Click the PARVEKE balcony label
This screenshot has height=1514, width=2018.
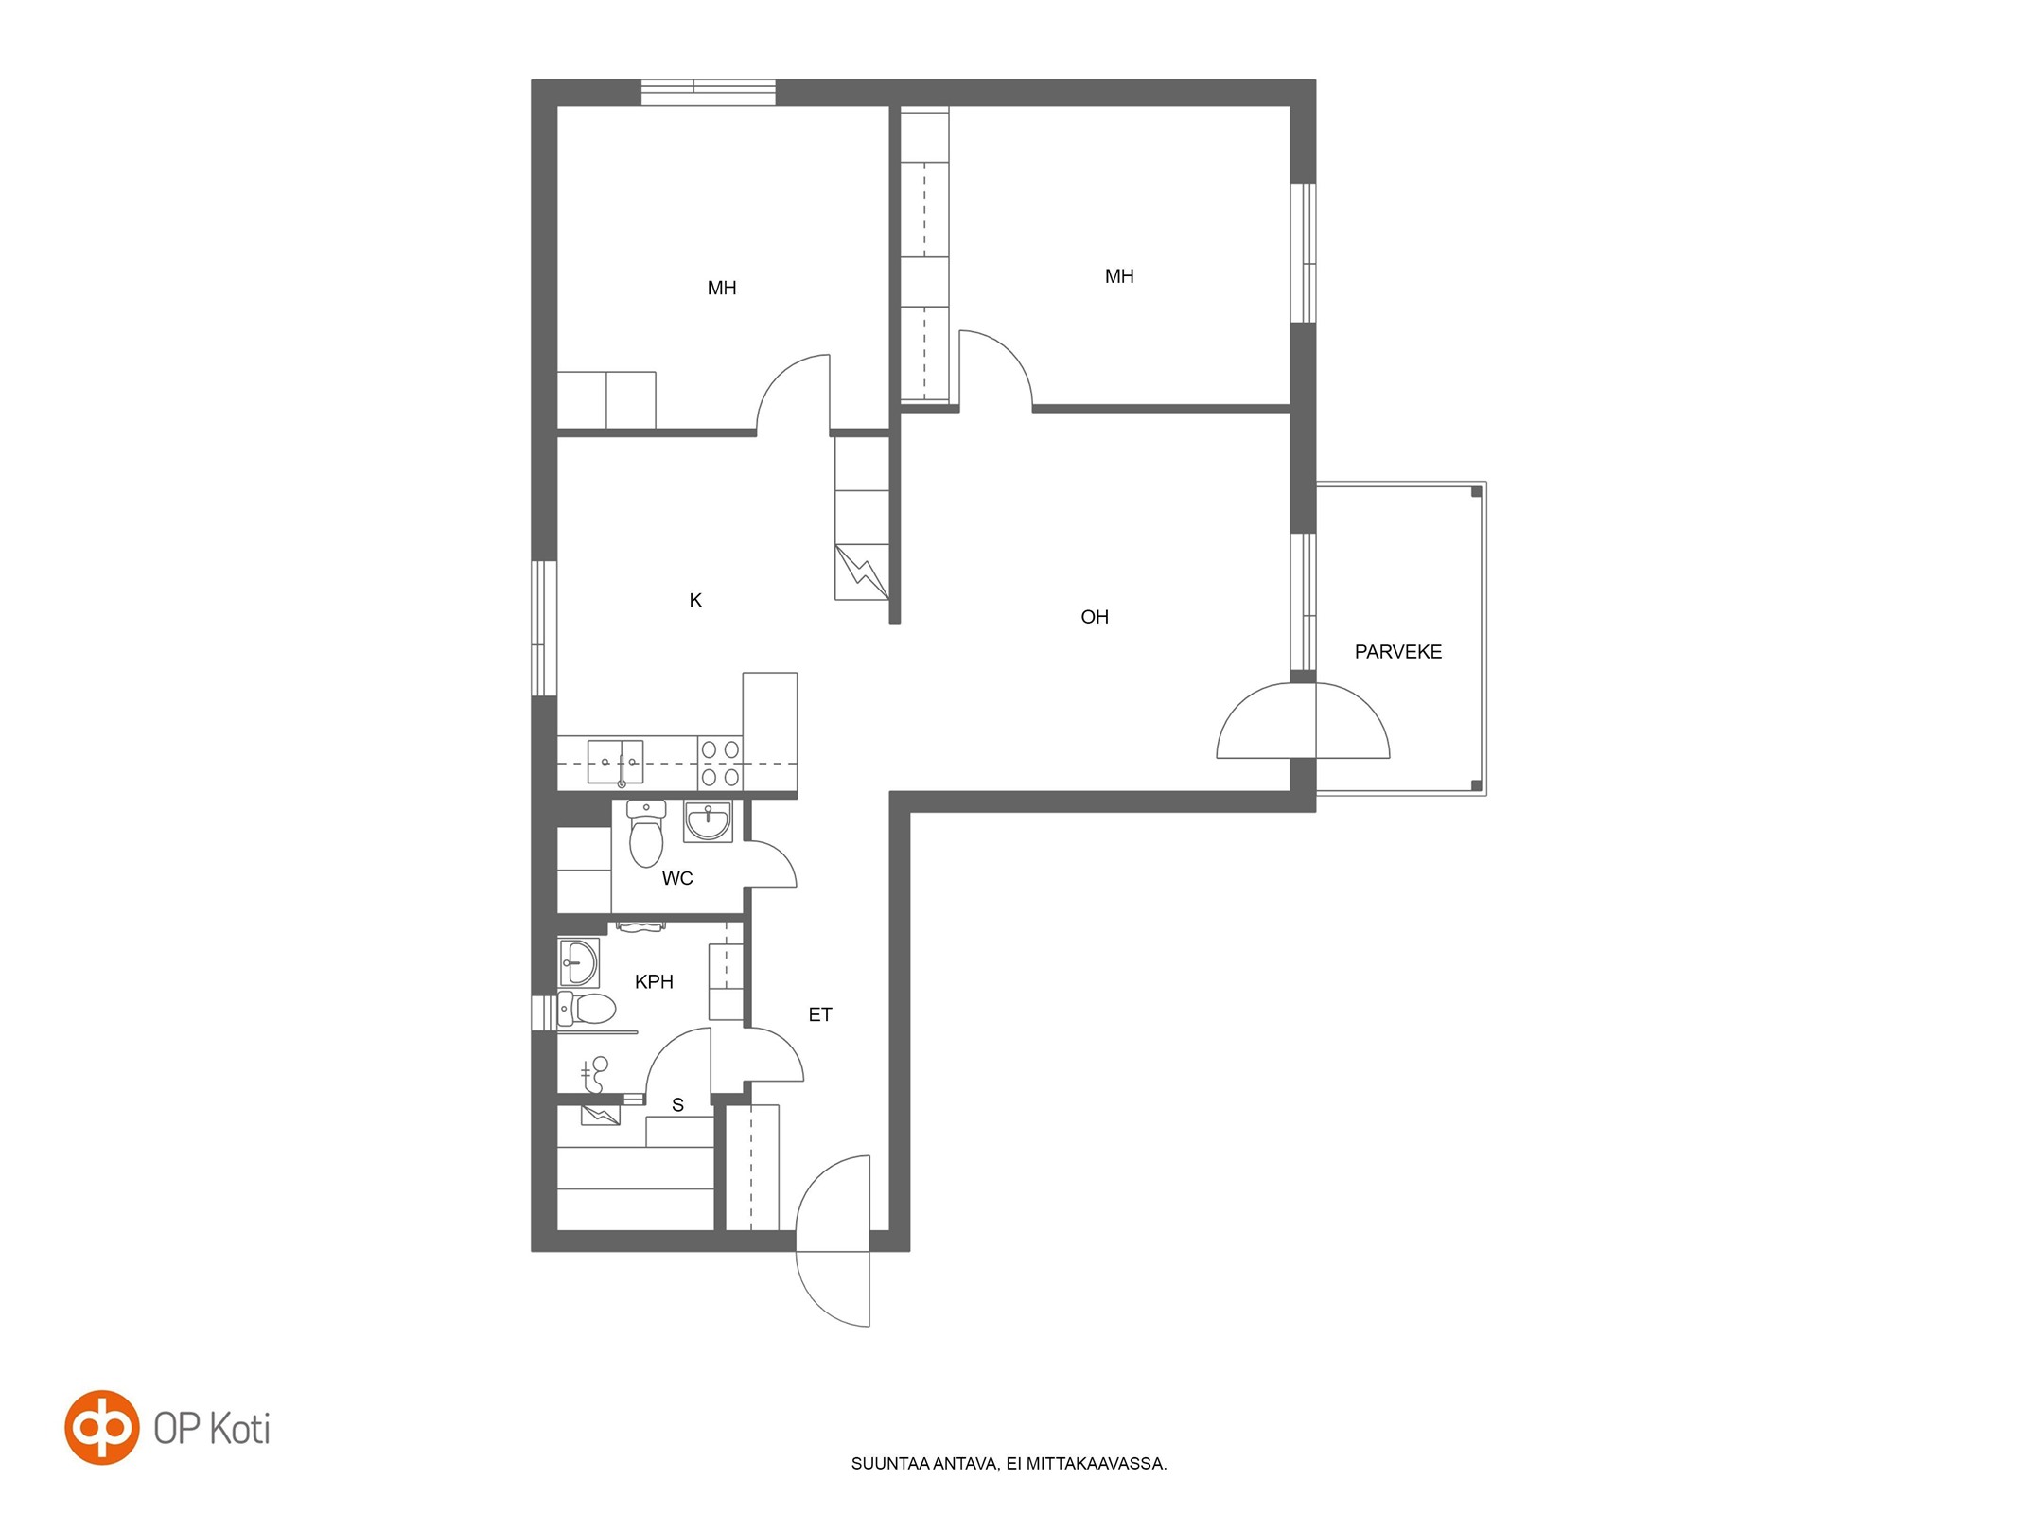[x=1397, y=652]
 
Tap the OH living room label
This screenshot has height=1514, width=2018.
[x=1095, y=617]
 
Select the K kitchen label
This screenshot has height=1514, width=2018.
[x=695, y=600]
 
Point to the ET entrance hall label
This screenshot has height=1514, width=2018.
[x=820, y=1014]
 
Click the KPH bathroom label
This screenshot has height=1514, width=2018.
[x=654, y=982]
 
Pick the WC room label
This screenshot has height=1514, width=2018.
[x=677, y=878]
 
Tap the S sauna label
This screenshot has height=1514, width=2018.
[x=677, y=1104]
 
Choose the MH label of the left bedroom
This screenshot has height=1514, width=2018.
[x=722, y=288]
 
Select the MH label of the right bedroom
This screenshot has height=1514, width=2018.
[x=1119, y=276]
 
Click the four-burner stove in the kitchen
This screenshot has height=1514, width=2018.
[x=720, y=764]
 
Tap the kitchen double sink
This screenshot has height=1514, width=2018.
[x=616, y=762]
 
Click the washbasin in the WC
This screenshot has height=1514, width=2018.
[x=708, y=821]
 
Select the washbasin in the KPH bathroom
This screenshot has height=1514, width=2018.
[x=578, y=962]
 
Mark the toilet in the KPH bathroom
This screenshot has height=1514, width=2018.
[x=587, y=1009]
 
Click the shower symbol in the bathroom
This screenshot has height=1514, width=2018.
[x=595, y=1074]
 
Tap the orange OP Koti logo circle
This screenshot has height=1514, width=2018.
[x=102, y=1427]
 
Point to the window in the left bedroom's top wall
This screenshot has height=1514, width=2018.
[x=709, y=93]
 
